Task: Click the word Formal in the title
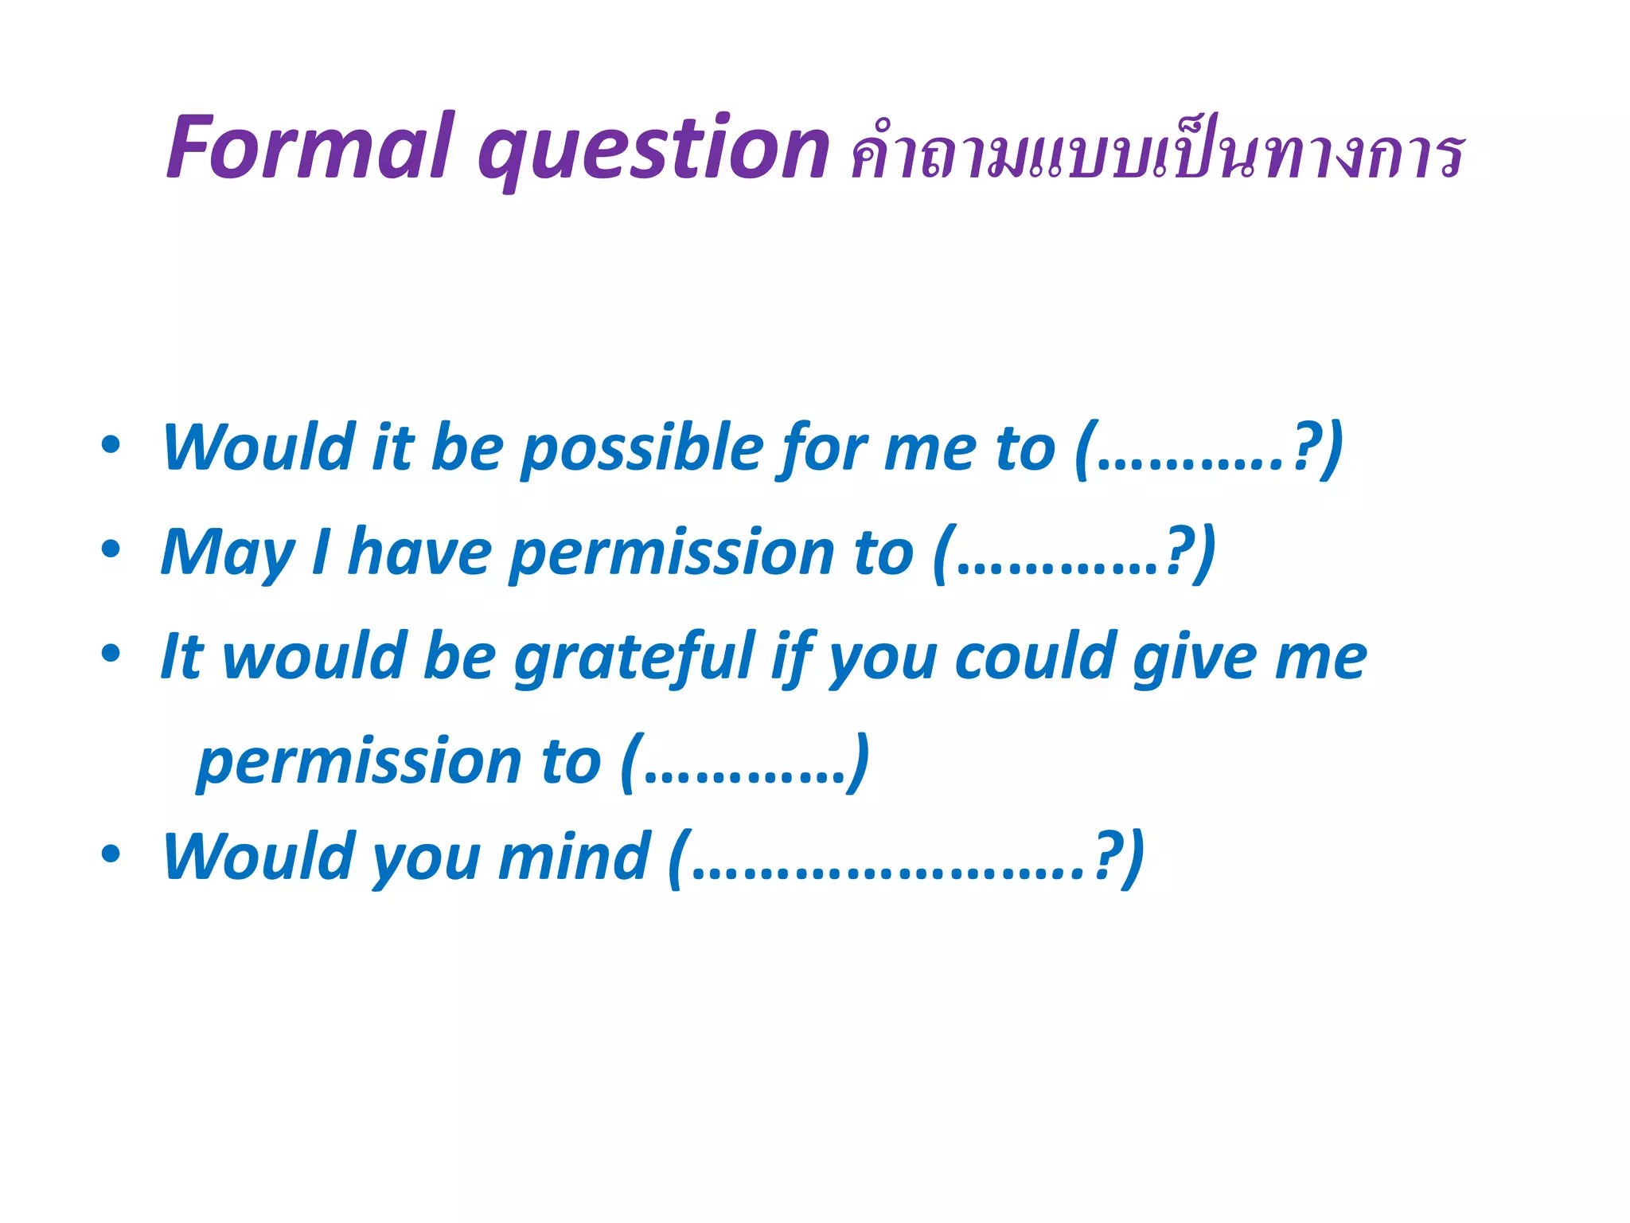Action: (x=310, y=147)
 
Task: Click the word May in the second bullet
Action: (x=228, y=554)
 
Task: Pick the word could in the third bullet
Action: (x=1034, y=657)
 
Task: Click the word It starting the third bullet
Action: (x=182, y=657)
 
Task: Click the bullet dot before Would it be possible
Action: (x=111, y=444)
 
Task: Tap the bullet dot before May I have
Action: (x=111, y=549)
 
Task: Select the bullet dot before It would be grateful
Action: (x=111, y=653)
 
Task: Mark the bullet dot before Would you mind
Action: (x=111, y=854)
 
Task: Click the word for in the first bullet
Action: (x=823, y=450)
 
